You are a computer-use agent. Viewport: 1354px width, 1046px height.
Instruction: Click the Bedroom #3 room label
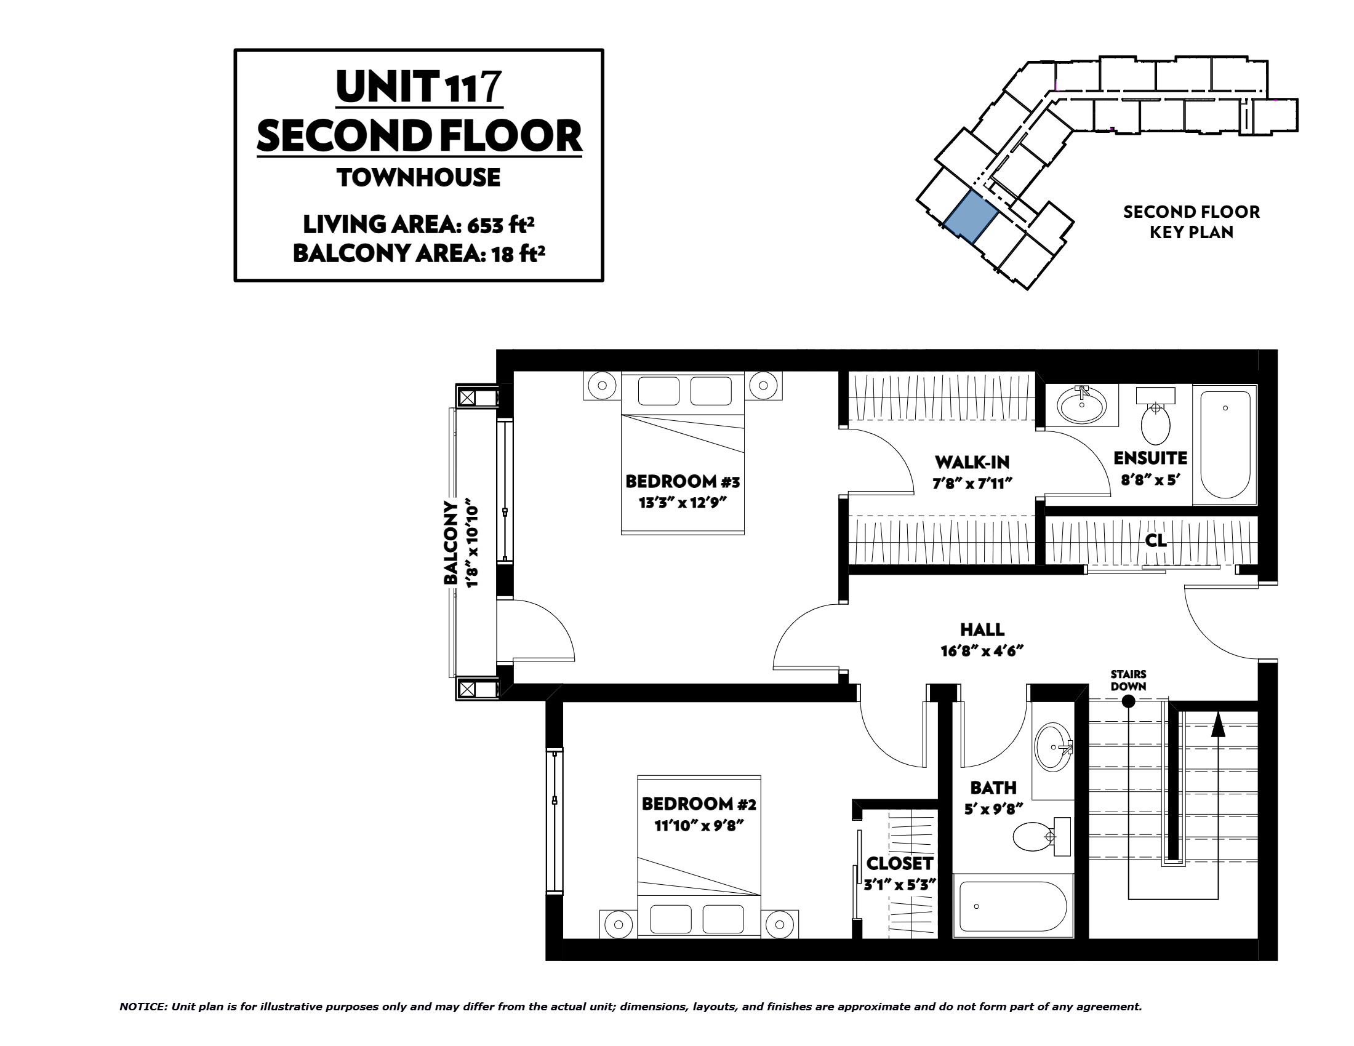682,482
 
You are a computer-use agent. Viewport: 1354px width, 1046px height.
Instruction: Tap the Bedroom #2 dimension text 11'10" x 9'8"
699,825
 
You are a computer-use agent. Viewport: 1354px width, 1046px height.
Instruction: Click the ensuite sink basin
1082,406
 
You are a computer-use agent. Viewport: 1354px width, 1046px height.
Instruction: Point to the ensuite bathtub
1225,444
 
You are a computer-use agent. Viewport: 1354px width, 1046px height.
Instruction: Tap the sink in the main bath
1054,747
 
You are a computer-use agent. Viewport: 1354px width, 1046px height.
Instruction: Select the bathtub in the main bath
1013,906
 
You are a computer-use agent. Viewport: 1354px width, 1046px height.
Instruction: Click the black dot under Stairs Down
1129,701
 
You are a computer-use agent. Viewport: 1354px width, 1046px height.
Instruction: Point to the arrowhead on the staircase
1218,724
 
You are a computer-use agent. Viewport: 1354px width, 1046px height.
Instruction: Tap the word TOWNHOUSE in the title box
419,178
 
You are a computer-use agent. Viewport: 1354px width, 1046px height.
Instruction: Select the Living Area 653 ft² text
419,225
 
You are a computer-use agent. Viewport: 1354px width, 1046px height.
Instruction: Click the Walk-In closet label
972,462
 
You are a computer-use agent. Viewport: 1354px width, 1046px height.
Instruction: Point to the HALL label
982,629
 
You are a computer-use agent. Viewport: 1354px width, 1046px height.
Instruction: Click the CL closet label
1156,540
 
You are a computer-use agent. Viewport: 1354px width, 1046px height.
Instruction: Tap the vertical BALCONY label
451,543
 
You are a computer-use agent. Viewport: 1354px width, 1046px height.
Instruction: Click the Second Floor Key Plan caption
1192,222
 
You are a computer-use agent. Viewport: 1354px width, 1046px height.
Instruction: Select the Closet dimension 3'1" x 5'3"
900,885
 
